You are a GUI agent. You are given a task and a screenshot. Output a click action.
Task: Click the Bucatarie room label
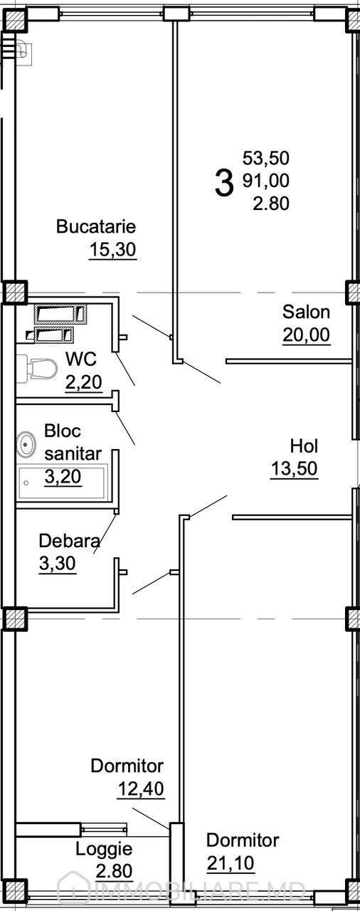(x=96, y=226)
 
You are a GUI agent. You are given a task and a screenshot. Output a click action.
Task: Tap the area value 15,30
(x=112, y=250)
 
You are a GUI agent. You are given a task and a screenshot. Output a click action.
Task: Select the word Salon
(x=307, y=312)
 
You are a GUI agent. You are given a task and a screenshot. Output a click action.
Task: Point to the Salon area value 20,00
(x=307, y=335)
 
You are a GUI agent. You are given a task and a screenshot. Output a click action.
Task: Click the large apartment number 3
(x=225, y=184)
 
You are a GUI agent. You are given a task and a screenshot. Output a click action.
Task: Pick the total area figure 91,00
(x=266, y=180)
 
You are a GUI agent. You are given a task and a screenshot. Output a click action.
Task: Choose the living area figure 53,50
(x=266, y=158)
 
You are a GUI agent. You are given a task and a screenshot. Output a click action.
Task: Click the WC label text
(x=81, y=359)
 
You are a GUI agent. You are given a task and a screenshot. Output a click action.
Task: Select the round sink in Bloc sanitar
(x=26, y=444)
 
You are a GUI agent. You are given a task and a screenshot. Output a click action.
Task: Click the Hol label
(x=304, y=446)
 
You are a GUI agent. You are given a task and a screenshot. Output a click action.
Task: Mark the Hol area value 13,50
(x=294, y=468)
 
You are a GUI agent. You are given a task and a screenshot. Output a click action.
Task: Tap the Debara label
(x=70, y=541)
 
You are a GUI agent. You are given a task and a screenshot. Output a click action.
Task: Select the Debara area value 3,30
(x=58, y=564)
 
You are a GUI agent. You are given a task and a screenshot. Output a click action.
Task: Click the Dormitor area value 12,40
(x=141, y=789)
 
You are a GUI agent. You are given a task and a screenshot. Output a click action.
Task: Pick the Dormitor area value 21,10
(x=231, y=863)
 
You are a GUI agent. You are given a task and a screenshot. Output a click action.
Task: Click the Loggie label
(x=105, y=850)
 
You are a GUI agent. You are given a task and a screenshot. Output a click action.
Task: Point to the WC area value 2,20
(x=84, y=382)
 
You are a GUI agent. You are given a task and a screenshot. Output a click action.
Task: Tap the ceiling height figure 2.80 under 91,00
(x=271, y=203)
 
